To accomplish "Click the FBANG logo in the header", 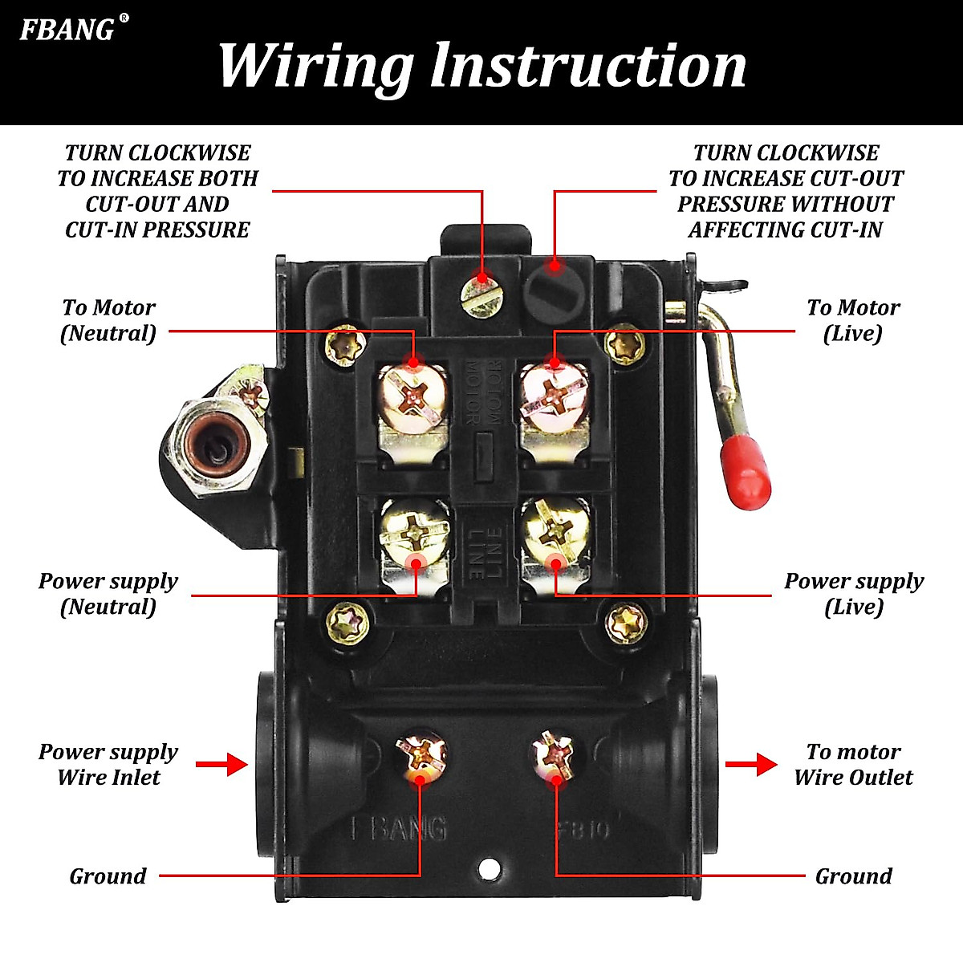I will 68,30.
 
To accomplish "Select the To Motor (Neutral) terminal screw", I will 412,396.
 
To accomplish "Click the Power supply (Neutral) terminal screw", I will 415,533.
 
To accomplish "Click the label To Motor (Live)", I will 853,320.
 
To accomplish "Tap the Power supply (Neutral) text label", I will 108,593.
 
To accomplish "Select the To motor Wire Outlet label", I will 853,764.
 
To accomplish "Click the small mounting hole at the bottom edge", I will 488,868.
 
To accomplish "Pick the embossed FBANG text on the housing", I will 399,828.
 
